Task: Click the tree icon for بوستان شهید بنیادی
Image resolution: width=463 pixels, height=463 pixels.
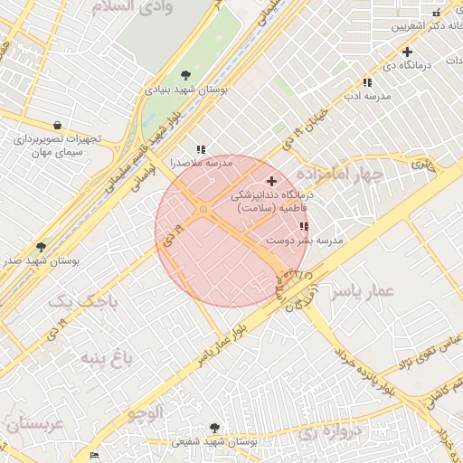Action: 186,75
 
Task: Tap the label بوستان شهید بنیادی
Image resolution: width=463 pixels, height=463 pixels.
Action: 188,90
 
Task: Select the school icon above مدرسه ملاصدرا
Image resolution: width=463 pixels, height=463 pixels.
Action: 200,149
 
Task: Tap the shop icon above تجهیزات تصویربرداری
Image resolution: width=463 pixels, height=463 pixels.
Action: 57,126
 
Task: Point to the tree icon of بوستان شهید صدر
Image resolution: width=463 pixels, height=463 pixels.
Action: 41,246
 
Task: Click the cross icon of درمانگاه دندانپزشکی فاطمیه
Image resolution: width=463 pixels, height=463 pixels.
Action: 271,182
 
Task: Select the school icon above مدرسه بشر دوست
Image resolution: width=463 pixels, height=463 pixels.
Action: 303,227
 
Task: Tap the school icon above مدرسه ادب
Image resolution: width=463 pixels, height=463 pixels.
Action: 366,82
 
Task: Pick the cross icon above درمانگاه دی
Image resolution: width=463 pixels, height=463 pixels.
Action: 408,52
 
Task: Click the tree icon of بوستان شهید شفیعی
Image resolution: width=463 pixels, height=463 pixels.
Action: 214,428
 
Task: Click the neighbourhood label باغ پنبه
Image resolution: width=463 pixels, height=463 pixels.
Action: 107,359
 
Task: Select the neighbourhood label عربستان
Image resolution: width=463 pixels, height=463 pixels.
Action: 33,423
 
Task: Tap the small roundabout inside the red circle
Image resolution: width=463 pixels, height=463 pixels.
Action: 203,210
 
